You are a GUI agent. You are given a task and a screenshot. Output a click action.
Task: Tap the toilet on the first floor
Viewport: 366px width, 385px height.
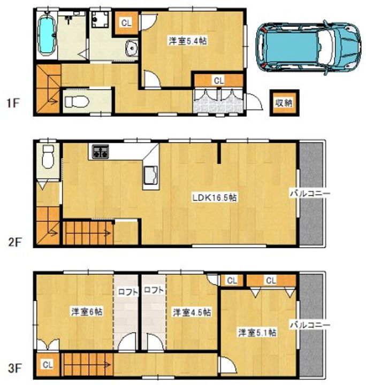(77, 102)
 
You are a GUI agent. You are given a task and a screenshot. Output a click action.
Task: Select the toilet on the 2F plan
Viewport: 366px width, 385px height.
(48, 156)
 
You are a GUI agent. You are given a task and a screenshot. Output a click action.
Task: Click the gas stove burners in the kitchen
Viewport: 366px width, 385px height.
(100, 151)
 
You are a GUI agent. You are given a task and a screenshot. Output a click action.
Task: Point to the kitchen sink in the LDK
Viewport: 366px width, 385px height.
(150, 175)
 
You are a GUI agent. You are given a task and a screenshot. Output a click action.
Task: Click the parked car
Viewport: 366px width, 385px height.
(309, 47)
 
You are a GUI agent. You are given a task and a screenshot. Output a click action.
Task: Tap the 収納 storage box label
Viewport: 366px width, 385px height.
(284, 103)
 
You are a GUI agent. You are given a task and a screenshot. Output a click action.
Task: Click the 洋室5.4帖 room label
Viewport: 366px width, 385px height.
(188, 41)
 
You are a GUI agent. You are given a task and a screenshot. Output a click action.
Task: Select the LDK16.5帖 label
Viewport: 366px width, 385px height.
(215, 197)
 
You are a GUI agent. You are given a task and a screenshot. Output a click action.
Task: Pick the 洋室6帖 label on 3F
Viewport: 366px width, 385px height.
(87, 312)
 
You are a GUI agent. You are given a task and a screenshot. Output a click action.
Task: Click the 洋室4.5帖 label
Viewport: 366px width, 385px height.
(192, 313)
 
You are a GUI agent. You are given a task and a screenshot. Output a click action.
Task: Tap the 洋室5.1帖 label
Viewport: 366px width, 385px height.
(257, 333)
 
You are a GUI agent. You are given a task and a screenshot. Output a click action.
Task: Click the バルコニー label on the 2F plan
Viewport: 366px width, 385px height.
(310, 194)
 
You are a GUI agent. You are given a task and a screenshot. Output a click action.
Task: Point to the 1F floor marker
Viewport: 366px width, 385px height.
(13, 103)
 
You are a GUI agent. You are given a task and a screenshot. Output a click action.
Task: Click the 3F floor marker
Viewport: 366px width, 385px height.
(15, 368)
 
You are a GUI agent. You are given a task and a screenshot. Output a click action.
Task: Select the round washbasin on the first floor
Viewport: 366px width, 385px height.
(132, 48)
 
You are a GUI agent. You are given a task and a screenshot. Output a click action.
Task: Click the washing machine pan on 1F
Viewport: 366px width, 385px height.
(100, 18)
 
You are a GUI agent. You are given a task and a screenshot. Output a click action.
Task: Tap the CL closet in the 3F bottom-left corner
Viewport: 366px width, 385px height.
(48, 365)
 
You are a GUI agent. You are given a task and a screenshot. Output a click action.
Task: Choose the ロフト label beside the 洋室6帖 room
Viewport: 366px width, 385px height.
(128, 291)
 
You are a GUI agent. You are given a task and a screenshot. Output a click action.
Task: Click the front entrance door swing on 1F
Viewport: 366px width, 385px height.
(255, 102)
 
